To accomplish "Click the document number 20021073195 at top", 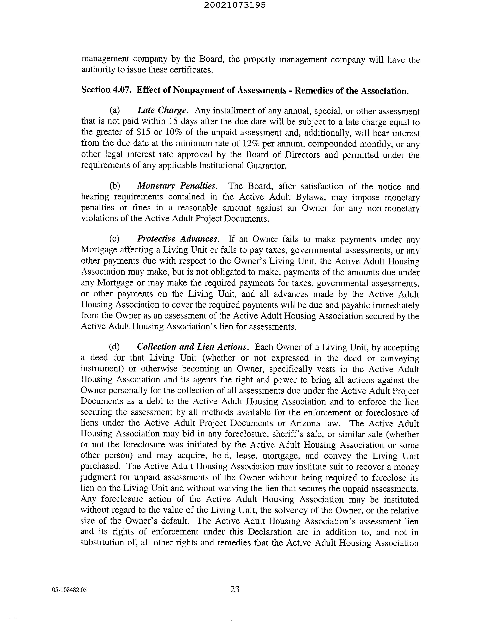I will (x=235, y=5).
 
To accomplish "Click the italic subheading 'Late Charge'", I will (x=162, y=110).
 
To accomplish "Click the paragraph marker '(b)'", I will (x=115, y=186).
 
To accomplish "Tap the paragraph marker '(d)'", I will (x=115, y=347).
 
